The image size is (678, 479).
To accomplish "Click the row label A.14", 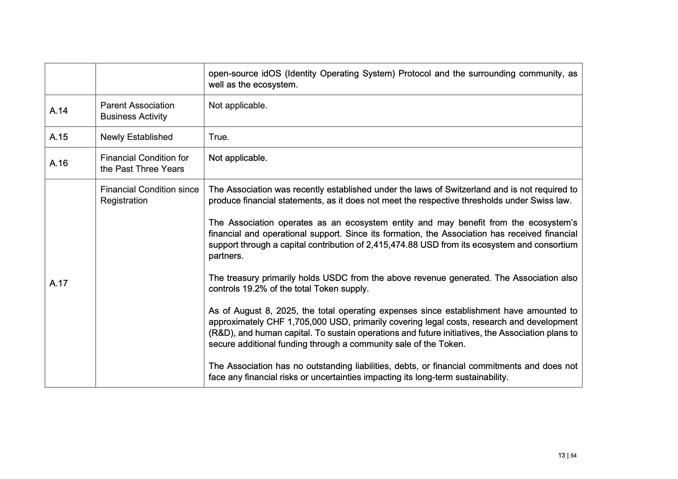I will click(59, 111).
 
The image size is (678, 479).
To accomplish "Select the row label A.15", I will click(59, 137).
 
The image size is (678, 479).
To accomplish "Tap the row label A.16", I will click(59, 163).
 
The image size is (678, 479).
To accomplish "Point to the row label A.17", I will click(59, 283).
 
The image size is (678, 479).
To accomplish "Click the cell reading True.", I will click(219, 137).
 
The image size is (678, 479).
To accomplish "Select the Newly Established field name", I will click(136, 137).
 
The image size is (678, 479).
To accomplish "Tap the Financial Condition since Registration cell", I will click(149, 195).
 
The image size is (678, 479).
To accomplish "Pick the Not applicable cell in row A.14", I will click(238, 106).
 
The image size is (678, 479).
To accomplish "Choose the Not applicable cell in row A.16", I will click(238, 158).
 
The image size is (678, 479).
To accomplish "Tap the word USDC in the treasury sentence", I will click(335, 278).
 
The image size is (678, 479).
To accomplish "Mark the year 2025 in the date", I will click(286, 311).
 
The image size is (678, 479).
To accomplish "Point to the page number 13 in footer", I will click(562, 455).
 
